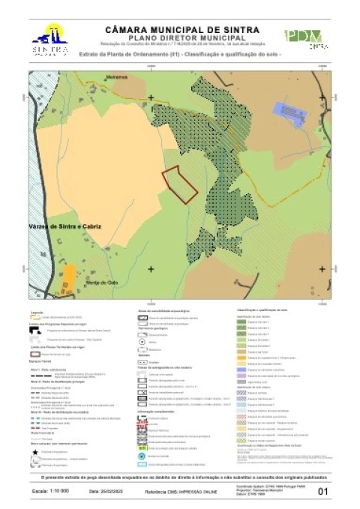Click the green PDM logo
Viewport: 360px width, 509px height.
(304, 37)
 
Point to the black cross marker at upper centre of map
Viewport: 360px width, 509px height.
(151, 97)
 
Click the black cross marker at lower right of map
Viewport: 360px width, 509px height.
(322, 268)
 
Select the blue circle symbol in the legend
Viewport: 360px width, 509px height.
(142, 434)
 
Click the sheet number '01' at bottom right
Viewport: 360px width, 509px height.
(323, 492)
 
